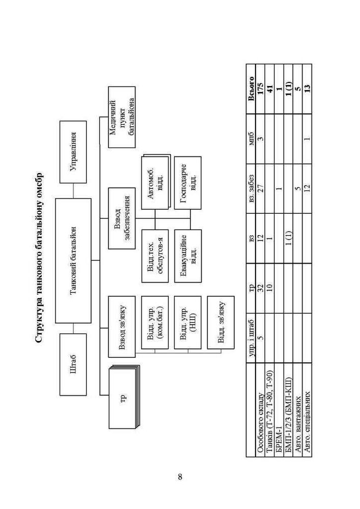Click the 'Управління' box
(x=73, y=152)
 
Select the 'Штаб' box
(x=73, y=364)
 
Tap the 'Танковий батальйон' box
(x=73, y=261)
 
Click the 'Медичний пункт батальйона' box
(x=122, y=117)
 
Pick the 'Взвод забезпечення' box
(x=122, y=218)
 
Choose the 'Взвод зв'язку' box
(x=122, y=327)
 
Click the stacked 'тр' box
(x=123, y=397)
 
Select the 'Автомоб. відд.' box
(x=156, y=182)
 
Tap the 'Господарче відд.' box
(x=187, y=183)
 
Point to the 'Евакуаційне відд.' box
(x=187, y=256)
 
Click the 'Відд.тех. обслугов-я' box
(x=155, y=256)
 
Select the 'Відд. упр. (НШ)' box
(x=187, y=322)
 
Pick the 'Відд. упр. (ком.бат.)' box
(x=155, y=322)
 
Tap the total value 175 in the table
(x=260, y=89)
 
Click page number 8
(x=180, y=477)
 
